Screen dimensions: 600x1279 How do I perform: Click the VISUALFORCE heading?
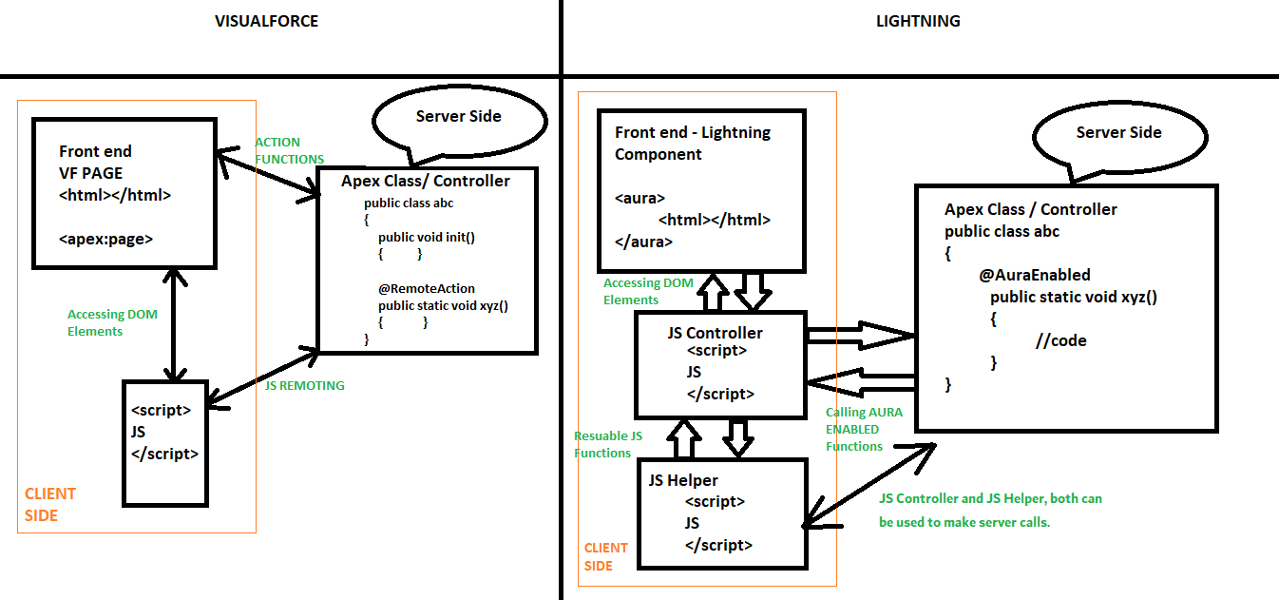point(266,21)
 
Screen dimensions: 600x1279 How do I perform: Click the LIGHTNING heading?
point(918,21)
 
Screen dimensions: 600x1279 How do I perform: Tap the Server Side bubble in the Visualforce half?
point(459,116)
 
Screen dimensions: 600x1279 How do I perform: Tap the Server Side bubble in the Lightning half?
point(1118,132)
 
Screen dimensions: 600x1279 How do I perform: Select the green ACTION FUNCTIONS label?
point(290,150)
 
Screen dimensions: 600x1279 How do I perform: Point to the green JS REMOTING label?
point(304,385)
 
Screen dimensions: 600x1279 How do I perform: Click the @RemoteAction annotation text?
point(426,288)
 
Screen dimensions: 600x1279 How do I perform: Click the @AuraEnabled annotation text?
point(1035,275)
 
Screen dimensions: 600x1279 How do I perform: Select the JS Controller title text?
point(715,333)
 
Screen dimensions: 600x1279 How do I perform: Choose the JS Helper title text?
point(683,480)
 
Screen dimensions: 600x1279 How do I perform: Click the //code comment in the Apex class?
point(1060,340)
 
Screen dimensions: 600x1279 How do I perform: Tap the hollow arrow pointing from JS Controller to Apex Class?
point(860,335)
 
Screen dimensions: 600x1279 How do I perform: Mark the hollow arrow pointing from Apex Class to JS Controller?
point(860,381)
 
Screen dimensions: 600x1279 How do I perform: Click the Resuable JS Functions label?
point(608,444)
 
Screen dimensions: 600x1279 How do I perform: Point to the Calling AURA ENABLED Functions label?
point(864,429)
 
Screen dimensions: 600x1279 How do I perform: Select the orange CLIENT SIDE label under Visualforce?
point(50,504)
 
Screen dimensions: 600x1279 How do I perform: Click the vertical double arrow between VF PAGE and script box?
point(171,323)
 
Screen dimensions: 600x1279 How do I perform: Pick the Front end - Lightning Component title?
point(693,143)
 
